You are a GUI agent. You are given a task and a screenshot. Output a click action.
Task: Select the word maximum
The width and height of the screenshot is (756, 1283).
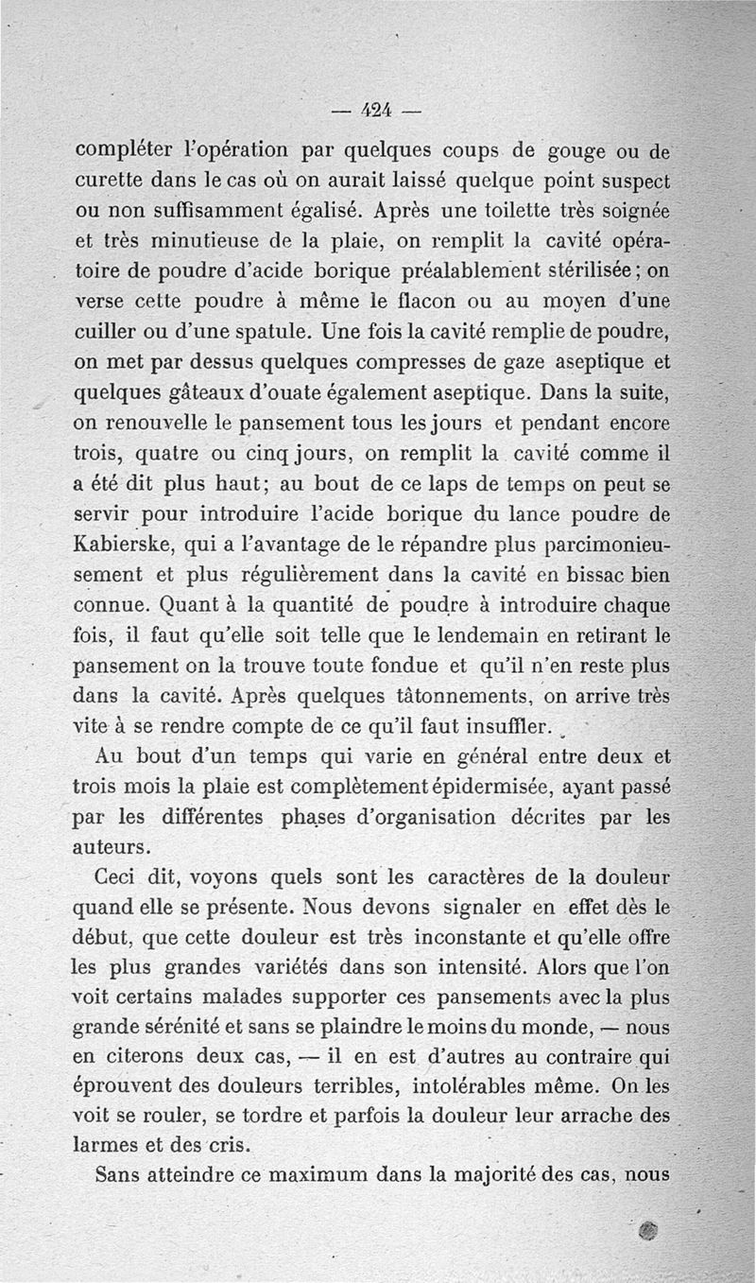318,1175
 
